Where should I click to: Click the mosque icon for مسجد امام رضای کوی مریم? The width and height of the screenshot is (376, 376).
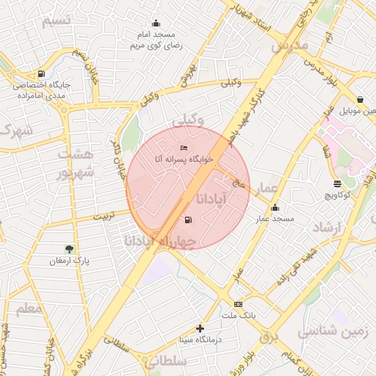click(155, 23)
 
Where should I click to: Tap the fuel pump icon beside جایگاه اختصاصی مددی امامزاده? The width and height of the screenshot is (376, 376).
click(40, 73)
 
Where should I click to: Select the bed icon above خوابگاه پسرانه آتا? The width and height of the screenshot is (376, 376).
click(184, 148)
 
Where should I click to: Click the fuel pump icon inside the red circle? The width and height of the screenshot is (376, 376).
click(189, 220)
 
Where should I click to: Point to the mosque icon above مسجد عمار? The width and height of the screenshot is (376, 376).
click(275, 208)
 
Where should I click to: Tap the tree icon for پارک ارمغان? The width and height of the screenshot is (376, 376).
click(69, 249)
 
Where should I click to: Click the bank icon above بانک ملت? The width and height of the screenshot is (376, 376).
click(238, 304)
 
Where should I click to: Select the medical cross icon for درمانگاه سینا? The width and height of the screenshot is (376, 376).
click(200, 329)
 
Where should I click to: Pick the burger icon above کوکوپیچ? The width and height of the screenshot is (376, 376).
click(337, 184)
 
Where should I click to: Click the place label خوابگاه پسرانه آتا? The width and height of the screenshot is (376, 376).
click(184, 159)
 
